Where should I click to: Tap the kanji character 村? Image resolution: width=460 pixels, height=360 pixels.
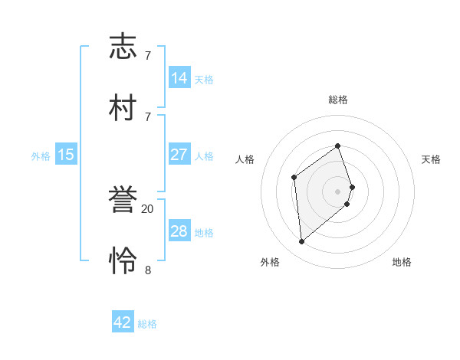coord(123,106)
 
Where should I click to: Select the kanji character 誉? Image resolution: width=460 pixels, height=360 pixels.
coord(123,200)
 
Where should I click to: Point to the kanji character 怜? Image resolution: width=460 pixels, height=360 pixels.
coord(123,260)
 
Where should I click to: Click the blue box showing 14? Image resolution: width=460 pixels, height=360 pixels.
coord(179,78)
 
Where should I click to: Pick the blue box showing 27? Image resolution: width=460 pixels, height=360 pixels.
coord(179,155)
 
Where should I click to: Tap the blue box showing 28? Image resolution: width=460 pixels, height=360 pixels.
coord(179,231)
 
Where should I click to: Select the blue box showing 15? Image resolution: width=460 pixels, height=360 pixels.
coord(66,155)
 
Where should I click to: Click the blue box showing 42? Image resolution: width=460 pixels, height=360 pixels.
coord(123,322)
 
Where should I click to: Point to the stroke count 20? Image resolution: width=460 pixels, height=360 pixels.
coord(148,208)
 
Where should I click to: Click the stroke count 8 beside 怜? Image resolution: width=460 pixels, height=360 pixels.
coord(148,270)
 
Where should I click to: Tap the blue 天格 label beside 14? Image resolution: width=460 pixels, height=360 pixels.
coord(204,80)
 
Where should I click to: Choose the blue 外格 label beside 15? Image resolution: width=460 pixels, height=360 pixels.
coord(41,156)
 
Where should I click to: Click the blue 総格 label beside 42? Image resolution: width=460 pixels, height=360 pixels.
coord(147,324)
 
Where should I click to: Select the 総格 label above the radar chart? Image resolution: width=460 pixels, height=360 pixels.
coord(338,100)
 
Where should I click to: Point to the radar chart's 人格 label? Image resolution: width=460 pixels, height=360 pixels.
coord(245,159)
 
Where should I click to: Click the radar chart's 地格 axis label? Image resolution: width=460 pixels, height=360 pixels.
coord(402,262)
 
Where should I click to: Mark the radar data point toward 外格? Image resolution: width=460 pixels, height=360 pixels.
coord(302,242)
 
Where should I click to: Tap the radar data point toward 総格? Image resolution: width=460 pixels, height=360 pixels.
coord(337,146)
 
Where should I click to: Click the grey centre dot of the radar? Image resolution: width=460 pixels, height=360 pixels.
coord(338,191)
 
